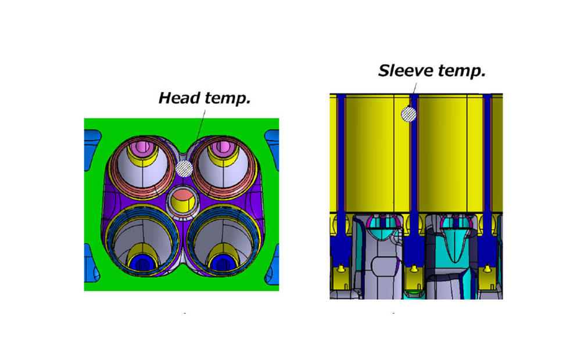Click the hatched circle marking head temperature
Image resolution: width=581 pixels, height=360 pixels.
pos(184,169)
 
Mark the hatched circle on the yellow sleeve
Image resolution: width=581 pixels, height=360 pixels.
pos(408,114)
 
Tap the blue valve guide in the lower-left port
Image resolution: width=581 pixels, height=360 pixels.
pos(142,263)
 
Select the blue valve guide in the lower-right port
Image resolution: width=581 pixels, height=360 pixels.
pos(223,263)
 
